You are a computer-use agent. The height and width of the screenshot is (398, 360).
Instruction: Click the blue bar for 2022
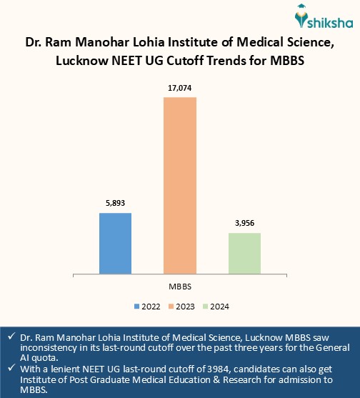(115, 243)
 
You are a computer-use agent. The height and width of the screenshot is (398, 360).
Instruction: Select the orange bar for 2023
(180, 184)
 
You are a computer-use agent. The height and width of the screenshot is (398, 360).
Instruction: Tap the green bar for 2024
(244, 252)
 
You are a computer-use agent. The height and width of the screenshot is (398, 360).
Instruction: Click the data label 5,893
(115, 202)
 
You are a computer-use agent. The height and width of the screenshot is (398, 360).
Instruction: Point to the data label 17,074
(180, 87)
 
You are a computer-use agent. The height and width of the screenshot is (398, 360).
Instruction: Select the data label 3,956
(244, 222)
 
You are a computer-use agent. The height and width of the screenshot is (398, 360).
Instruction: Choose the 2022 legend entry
(147, 307)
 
